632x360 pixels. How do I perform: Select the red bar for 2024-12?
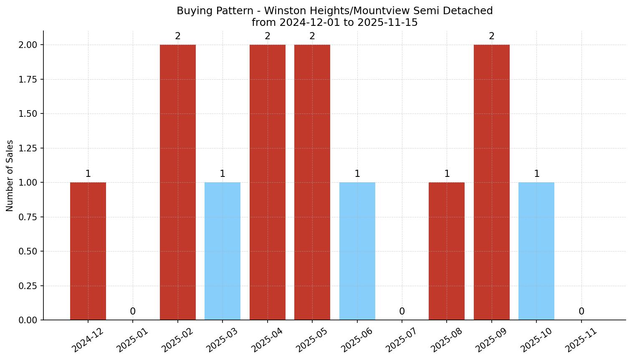[88, 251]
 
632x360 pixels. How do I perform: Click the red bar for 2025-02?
[178, 182]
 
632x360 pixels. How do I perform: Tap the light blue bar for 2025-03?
[222, 251]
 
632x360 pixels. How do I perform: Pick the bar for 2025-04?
[268, 182]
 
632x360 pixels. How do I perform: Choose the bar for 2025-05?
[312, 182]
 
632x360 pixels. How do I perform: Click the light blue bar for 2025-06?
[357, 251]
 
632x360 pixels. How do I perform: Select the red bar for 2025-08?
[447, 251]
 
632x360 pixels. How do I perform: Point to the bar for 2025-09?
[492, 182]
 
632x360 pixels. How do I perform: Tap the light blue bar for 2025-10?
[536, 251]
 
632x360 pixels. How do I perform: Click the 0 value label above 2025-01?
[133, 312]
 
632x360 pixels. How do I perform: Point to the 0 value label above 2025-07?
[402, 312]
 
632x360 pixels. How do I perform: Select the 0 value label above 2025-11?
[581, 312]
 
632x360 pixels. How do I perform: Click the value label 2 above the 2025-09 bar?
[492, 36]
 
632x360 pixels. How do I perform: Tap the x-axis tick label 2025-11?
[581, 340]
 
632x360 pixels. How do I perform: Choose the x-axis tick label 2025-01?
[132, 340]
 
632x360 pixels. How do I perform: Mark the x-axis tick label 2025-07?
[402, 340]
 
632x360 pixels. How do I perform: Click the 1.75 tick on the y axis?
[28, 80]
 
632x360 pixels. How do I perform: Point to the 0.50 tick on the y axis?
[28, 252]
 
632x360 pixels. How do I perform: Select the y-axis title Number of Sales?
[10, 176]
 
